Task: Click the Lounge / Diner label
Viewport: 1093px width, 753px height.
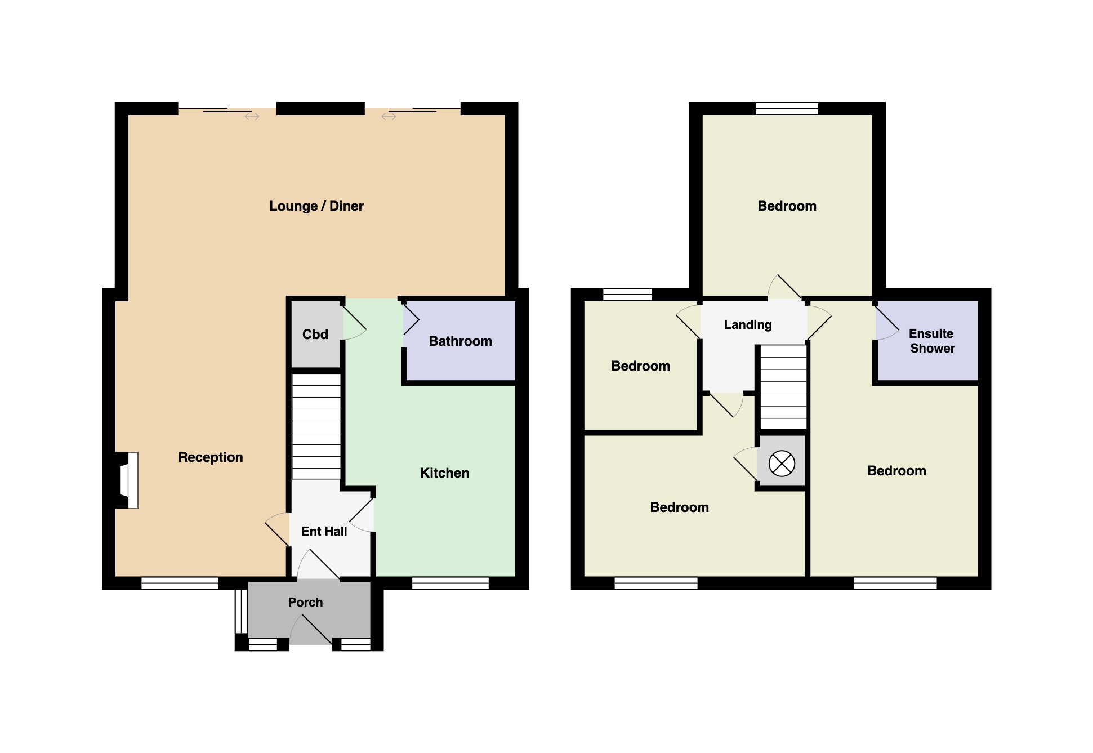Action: pos(316,206)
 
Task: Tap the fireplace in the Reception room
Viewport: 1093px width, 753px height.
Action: pos(130,480)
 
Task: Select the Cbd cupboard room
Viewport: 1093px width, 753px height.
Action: pos(315,335)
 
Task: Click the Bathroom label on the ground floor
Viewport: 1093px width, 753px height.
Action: pos(460,341)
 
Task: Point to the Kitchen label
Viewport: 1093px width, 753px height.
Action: pos(444,473)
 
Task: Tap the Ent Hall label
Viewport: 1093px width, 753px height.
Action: pos(324,531)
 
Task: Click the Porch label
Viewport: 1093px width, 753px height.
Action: pos(305,602)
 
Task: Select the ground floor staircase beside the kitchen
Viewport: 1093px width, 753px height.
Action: pos(316,426)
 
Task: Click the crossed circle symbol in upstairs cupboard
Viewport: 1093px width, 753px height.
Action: pos(782,464)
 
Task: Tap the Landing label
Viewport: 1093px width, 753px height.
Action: pos(747,324)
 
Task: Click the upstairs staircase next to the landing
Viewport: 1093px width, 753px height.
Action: pos(783,387)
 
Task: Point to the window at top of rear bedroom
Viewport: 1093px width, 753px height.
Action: pos(787,108)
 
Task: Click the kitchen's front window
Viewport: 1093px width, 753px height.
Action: pos(450,583)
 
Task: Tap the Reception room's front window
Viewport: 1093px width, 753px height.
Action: pos(179,583)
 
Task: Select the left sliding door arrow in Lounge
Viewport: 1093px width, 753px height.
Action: pos(252,117)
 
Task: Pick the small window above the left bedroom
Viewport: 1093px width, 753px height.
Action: pos(627,294)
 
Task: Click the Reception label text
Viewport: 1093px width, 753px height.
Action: pos(210,457)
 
